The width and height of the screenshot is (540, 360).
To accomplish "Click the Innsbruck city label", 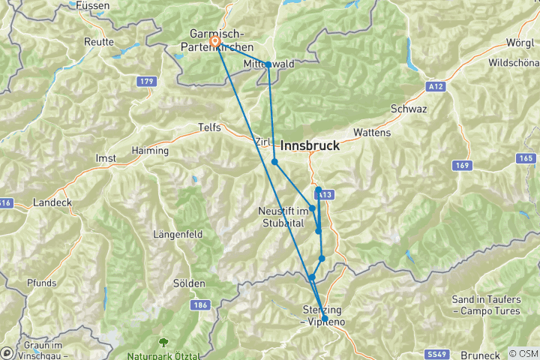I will pos(310,145).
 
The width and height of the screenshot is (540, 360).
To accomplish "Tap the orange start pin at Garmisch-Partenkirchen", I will pos(215,41).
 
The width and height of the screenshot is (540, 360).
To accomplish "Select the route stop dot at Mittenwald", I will pos(268,64).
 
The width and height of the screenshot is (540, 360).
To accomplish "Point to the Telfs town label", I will pos(210,127).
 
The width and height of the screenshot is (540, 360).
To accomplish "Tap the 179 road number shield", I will pos(146,81).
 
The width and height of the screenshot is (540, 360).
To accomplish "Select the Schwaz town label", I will pos(409,109).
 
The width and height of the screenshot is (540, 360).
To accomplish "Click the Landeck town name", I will pos(52,202).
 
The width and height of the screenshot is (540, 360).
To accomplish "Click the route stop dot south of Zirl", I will pos(274,162).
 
